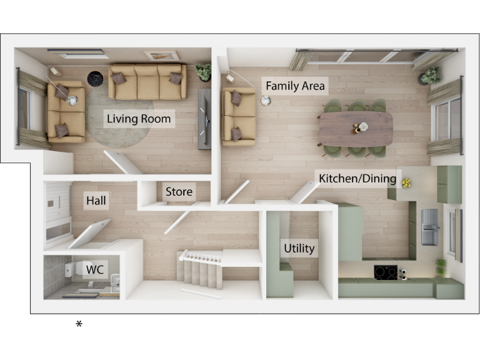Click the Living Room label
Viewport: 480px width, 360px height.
[x=138, y=119]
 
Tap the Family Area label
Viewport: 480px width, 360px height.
[x=295, y=86]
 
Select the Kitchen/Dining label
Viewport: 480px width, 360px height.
[x=357, y=179]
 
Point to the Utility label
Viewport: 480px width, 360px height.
[x=299, y=248]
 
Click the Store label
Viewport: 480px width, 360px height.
[x=179, y=192]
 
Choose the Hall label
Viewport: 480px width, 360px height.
[x=96, y=201]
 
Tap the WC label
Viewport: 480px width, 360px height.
[x=94, y=269]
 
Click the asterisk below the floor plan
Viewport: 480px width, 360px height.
[x=79, y=324]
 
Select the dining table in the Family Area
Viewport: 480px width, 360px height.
[x=356, y=127]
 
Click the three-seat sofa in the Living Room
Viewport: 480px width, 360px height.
[x=147, y=81]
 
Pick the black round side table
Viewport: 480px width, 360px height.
[x=95, y=78]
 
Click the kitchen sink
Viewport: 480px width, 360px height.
[x=430, y=225]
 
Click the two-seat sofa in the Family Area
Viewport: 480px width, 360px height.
[x=239, y=116]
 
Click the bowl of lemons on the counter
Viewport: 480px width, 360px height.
[x=407, y=182]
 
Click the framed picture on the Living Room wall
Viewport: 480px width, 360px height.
[x=161, y=56]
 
